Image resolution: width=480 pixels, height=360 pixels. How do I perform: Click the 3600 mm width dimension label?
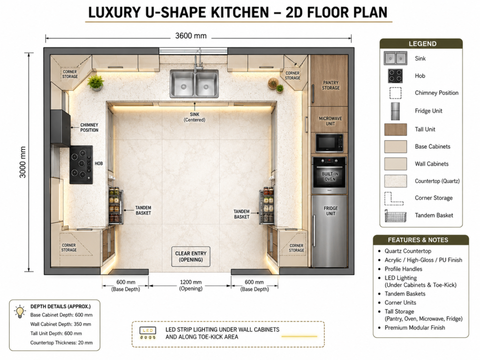(x=191, y=36)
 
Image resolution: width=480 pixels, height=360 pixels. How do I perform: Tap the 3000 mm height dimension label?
(x=22, y=162)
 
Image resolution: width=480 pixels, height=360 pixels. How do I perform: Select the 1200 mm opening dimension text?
(x=191, y=282)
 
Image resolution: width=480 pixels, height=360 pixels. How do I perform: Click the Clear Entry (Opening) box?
(x=191, y=256)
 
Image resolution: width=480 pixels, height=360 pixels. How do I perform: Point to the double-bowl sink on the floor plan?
(x=195, y=83)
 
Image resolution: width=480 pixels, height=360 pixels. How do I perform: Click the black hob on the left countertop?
(x=81, y=165)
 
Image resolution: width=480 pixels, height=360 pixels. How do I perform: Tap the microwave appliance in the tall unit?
(x=329, y=143)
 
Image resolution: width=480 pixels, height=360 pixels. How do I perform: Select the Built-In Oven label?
(x=330, y=176)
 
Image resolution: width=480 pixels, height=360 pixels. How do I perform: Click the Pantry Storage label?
(x=330, y=85)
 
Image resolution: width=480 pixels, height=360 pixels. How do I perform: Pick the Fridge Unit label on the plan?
(x=330, y=211)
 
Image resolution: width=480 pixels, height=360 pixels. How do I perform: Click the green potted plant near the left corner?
(x=96, y=82)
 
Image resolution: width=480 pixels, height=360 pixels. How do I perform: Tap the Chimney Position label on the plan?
(x=89, y=127)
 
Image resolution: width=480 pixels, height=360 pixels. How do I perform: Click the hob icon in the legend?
(x=395, y=75)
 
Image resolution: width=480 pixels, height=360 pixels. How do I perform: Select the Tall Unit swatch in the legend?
(x=396, y=129)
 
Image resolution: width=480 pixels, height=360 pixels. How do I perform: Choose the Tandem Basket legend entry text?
(x=434, y=215)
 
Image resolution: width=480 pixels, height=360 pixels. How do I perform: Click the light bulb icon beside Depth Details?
(x=20, y=312)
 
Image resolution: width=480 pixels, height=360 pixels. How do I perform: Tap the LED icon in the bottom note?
(x=148, y=333)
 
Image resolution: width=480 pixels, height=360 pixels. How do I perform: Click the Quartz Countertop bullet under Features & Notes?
(x=408, y=251)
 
